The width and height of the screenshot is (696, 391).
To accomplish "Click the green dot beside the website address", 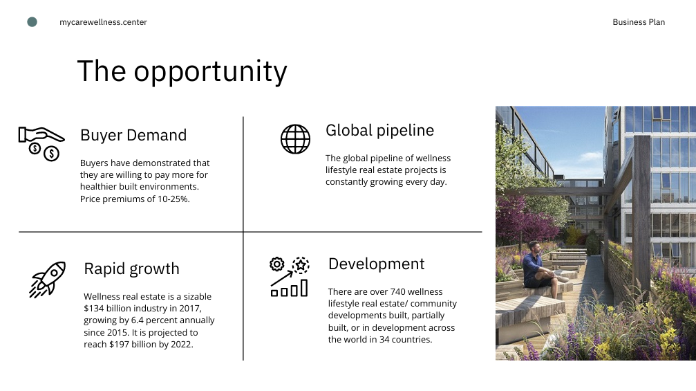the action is (32, 21).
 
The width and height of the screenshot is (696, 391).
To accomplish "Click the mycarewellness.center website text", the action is (103, 22).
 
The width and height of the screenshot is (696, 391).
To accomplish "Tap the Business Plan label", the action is (639, 22).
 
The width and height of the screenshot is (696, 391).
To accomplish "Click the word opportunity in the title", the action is (210, 72).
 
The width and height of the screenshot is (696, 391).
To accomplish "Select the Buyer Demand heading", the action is (133, 135).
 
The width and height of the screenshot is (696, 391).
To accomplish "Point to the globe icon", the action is (295, 139).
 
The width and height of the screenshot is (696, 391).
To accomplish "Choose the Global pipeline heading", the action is (379, 131).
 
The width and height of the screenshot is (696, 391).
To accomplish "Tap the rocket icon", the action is (48, 279).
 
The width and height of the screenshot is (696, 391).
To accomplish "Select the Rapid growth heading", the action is (131, 269).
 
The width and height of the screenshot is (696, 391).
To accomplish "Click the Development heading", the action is (377, 264).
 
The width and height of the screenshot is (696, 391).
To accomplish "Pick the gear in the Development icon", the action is (277, 264).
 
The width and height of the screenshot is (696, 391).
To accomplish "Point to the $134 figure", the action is (95, 309).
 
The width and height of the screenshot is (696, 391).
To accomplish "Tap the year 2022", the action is (182, 345).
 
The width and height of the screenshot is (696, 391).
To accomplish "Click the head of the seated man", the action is (536, 247).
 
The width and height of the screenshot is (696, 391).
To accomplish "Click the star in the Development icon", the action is (301, 265).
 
